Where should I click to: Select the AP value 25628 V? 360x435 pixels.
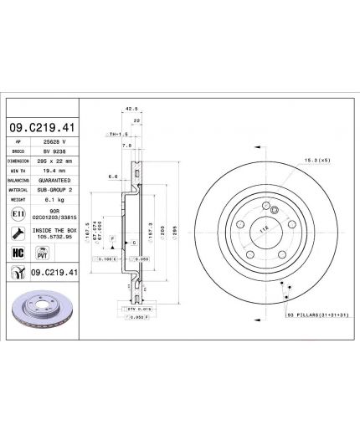pyautogui.click(x=54, y=144)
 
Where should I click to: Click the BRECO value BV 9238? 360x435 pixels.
pyautogui.click(x=54, y=152)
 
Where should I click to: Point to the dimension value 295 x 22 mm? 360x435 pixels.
pyautogui.click(x=55, y=161)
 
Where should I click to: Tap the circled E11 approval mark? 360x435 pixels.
pyautogui.click(x=18, y=215)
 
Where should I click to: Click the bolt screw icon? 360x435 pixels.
pyautogui.click(x=18, y=233)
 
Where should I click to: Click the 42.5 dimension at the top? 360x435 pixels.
pyautogui.click(x=130, y=108)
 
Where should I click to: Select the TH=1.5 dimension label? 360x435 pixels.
pyautogui.click(x=116, y=134)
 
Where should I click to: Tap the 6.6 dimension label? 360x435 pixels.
pyautogui.click(x=114, y=177)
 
